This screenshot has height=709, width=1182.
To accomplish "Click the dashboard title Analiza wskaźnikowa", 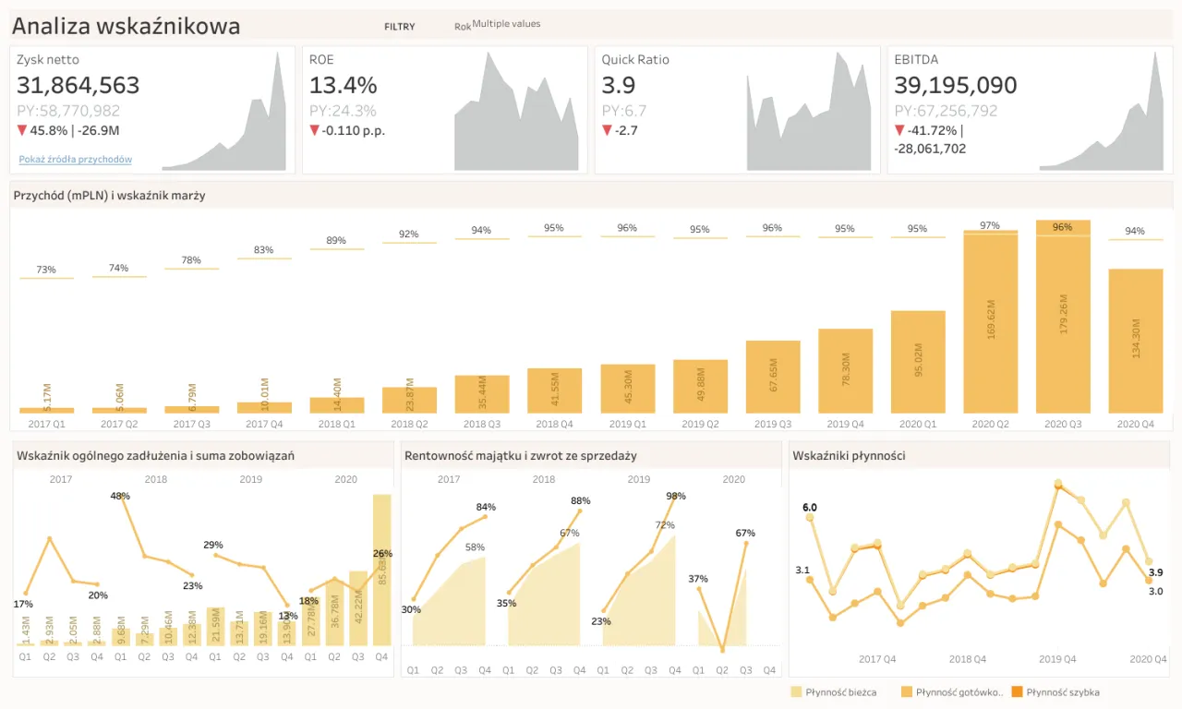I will coord(126,26).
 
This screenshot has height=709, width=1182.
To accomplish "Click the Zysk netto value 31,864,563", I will coord(78,86).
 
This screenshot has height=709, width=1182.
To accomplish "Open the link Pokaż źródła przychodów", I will coord(76,160).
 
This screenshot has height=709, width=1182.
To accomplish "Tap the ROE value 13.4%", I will coord(343,86).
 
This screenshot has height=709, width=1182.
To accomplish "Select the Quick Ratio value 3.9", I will coord(619,86).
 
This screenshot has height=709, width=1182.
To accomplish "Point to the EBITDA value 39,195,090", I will coord(956,86).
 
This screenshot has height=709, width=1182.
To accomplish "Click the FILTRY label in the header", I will coord(400,27).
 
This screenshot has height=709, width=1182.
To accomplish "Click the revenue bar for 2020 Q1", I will coord(917,362).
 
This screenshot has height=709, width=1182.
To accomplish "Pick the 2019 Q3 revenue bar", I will coord(773,377).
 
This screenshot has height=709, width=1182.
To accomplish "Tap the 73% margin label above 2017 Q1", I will coord(46,270).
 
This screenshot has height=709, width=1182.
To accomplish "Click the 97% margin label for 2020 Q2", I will coord(990,225).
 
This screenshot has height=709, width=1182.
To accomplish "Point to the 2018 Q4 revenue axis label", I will coord(554,424).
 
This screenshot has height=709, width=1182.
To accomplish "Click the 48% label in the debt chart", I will coord(120,496).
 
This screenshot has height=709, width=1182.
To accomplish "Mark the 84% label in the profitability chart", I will coord(486,507).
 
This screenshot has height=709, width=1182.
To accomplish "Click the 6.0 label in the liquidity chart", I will coord(810,508).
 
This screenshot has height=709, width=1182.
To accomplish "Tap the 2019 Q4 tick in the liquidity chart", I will coord(1057,659).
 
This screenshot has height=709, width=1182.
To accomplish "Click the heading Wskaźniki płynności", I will coord(849,455).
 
